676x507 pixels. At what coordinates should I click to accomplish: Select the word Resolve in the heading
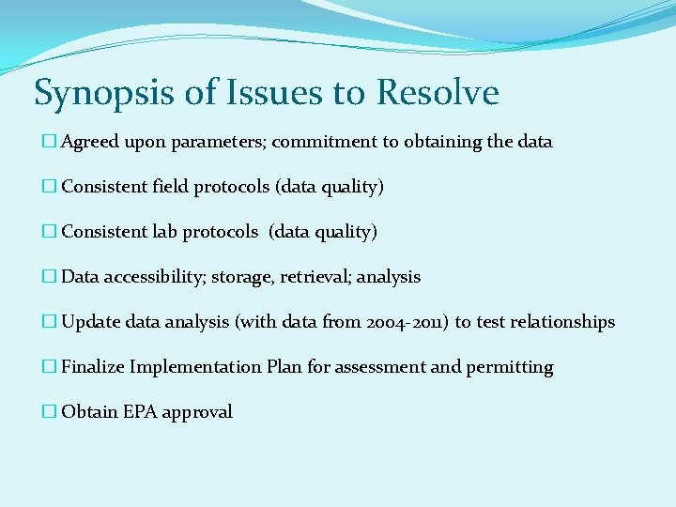tap(438, 93)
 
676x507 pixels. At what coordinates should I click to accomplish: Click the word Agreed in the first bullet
tap(89, 142)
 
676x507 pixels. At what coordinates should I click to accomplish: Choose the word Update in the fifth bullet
tap(89, 322)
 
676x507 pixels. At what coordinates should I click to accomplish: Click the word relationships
tap(562, 322)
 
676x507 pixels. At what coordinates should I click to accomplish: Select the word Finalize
tap(93, 367)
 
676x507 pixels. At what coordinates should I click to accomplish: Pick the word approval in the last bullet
tap(197, 412)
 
